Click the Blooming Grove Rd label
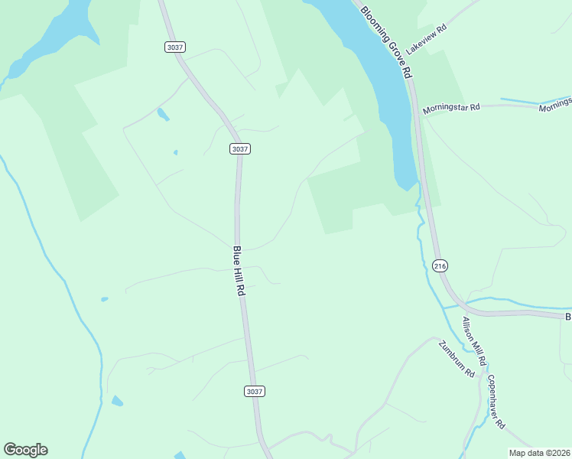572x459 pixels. (386, 42)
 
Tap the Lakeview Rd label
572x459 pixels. (425, 40)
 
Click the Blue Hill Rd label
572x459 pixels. (239, 271)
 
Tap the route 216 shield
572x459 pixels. (439, 265)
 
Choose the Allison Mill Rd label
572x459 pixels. (474, 340)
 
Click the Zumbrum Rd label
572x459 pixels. (457, 358)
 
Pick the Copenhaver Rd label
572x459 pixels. (496, 402)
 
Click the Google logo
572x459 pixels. (25, 450)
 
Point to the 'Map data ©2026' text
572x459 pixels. (540, 453)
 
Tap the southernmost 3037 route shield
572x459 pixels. (255, 391)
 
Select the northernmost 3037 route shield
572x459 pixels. (174, 47)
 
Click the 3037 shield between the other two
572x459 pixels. (239, 149)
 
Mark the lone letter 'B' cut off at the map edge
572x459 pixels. (567, 316)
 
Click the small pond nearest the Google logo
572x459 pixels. (117, 401)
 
